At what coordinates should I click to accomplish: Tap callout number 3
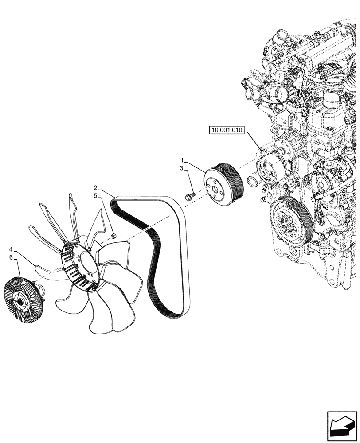pos(182,168)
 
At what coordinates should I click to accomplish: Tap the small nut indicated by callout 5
pos(113,235)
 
